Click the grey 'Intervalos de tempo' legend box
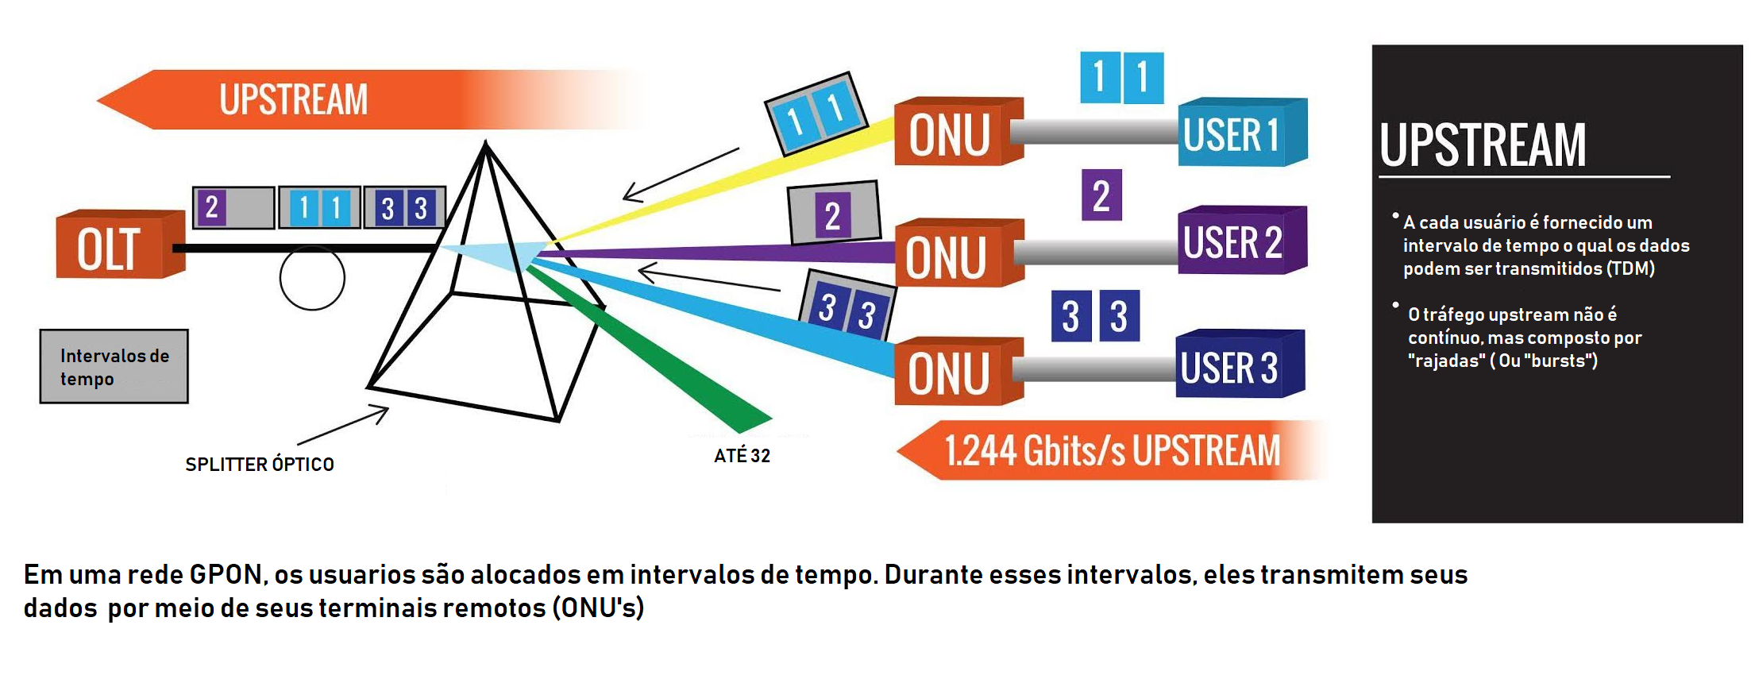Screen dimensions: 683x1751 (114, 367)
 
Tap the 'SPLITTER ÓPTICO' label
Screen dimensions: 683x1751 (260, 465)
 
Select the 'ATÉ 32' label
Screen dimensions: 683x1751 (742, 456)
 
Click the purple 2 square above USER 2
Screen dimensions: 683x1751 (1101, 195)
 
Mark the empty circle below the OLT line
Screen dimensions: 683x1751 (312, 278)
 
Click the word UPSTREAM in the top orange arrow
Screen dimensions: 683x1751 (294, 100)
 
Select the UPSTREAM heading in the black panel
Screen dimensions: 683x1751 (1482, 146)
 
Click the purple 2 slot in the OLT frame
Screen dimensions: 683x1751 (211, 208)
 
